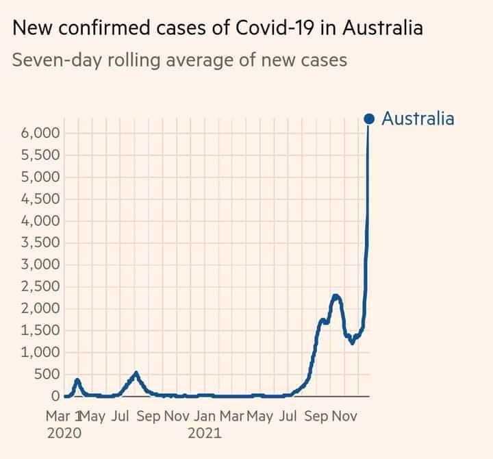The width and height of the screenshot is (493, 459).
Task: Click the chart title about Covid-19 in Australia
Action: pyautogui.click(x=218, y=29)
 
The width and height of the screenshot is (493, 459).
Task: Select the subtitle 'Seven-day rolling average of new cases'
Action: pyautogui.click(x=180, y=60)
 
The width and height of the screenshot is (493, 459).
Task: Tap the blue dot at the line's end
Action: pyautogui.click(x=369, y=119)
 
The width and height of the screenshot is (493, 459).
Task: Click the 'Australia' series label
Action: pyautogui.click(x=417, y=119)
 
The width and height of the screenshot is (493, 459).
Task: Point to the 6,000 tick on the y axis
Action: pyautogui.click(x=42, y=133)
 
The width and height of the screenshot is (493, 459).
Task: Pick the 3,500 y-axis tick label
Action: pyautogui.click(x=42, y=243)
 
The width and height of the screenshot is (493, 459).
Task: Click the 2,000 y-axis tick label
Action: pyautogui.click(x=42, y=308)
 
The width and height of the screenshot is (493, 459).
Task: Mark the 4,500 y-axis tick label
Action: pyautogui.click(x=42, y=199)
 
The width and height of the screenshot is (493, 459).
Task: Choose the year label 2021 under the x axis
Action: pyautogui.click(x=204, y=433)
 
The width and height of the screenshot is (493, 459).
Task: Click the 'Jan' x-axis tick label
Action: pyautogui.click(x=205, y=416)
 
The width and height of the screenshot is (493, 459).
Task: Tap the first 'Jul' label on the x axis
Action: pyautogui.click(x=121, y=416)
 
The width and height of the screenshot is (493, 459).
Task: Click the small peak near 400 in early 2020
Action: pyautogui.click(x=77, y=380)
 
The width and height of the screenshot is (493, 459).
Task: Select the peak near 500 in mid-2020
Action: pyautogui.click(x=136, y=373)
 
